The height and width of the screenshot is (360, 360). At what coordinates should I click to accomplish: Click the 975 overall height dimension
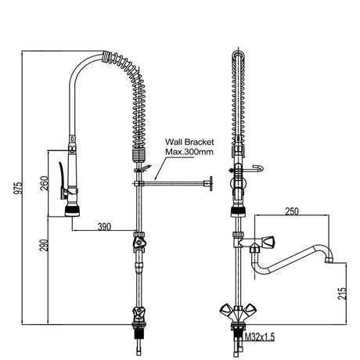click(x=18, y=188)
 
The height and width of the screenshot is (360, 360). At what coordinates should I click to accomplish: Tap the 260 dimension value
click(x=45, y=183)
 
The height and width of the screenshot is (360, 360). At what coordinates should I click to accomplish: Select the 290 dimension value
click(x=44, y=245)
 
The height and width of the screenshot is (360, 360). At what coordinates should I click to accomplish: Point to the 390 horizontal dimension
click(x=104, y=227)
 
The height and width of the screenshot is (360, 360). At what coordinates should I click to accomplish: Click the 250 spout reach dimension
click(x=292, y=211)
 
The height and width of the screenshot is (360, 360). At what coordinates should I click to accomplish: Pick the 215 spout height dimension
click(x=342, y=293)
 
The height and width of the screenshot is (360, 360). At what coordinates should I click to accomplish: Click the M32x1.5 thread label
click(x=260, y=337)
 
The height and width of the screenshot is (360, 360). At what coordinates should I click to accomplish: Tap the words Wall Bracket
click(x=189, y=142)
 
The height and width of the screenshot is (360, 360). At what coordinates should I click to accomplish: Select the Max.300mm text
click(x=189, y=152)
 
